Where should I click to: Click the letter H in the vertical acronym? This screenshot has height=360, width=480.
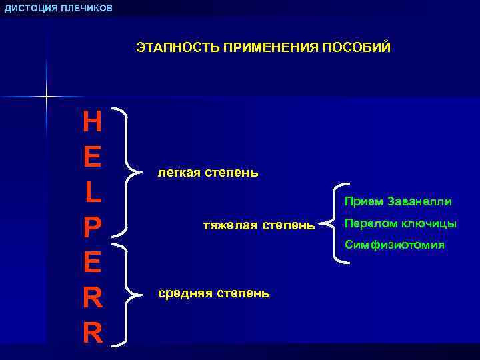[93, 122]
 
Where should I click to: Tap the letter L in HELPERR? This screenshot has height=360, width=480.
[93, 192]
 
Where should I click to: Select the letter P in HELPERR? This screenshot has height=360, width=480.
[93, 227]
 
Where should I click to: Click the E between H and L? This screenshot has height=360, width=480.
[93, 157]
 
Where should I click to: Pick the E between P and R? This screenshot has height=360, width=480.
[93, 263]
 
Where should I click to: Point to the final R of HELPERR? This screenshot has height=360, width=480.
[93, 333]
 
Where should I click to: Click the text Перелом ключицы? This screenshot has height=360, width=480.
[400, 223]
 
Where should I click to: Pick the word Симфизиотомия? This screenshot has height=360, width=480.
[394, 245]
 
